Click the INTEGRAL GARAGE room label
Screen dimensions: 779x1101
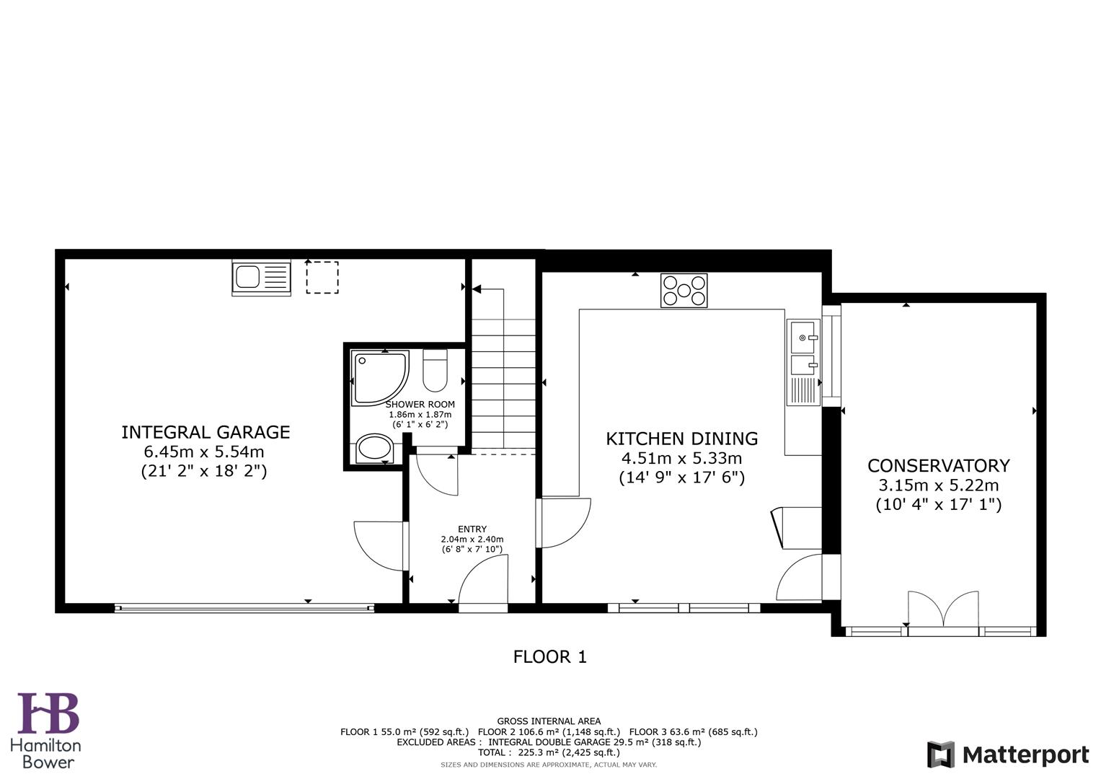tap(205, 432)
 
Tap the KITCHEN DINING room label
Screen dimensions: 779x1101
tap(681, 439)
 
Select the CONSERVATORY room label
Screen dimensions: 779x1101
tap(938, 466)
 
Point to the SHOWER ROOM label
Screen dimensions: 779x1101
tap(420, 405)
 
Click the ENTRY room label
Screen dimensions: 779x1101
tap(472, 529)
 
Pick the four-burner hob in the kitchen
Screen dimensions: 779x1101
tap(684, 291)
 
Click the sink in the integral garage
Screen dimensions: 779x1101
tap(260, 277)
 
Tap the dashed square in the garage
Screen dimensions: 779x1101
tap(322, 278)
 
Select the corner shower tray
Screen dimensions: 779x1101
tap(379, 378)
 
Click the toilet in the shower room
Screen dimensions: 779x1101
tap(435, 370)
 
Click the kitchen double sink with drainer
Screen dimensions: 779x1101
tap(803, 362)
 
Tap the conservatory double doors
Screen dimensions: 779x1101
tap(943, 612)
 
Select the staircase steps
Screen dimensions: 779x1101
tap(503, 382)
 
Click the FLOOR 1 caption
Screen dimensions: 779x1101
tap(549, 657)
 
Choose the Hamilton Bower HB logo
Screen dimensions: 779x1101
tap(48, 713)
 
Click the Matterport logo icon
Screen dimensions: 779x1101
tap(940, 754)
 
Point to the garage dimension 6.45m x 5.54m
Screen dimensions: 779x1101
tap(204, 452)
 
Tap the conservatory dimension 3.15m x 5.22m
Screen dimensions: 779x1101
tap(938, 485)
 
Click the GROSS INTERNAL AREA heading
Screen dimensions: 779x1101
tap(548, 721)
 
